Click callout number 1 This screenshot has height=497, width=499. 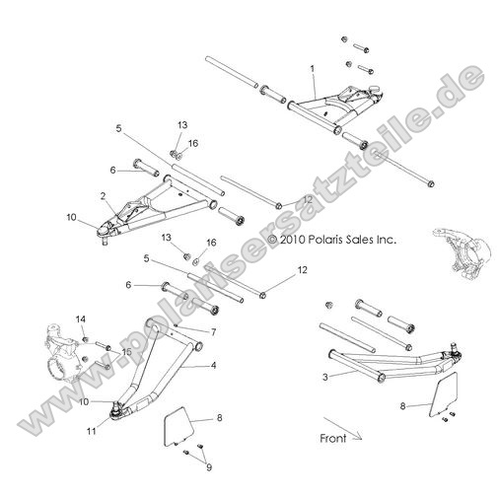pyautogui.click(x=312, y=70)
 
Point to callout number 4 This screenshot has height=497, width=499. pyautogui.click(x=212, y=365)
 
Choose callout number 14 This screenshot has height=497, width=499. pyautogui.click(x=82, y=318)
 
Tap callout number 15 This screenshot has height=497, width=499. pyautogui.click(x=126, y=351)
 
